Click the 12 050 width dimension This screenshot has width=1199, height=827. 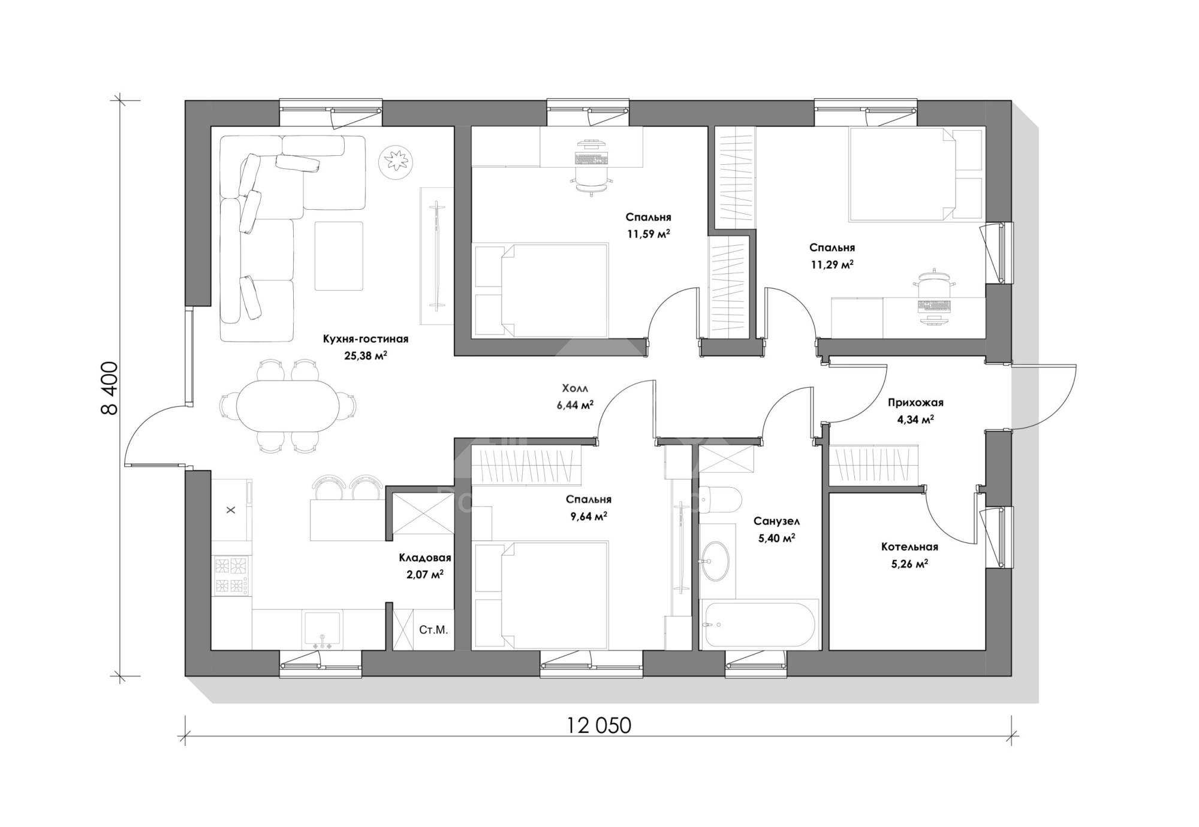pyautogui.click(x=599, y=726)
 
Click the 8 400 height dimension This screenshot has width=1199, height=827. pyautogui.click(x=110, y=388)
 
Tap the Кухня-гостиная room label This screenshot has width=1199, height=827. pyautogui.click(x=366, y=339)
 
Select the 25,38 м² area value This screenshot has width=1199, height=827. pyautogui.click(x=366, y=355)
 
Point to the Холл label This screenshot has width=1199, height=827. pyautogui.click(x=575, y=388)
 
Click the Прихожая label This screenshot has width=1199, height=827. pyautogui.click(x=915, y=403)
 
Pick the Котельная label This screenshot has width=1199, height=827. pyautogui.click(x=909, y=547)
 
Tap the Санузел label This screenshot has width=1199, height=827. pyautogui.click(x=776, y=522)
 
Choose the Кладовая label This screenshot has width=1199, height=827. pyautogui.click(x=425, y=558)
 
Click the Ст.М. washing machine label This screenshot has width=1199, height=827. pyautogui.click(x=433, y=630)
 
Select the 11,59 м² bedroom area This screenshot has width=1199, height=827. pyautogui.click(x=649, y=233)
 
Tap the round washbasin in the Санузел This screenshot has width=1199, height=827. pyautogui.click(x=715, y=561)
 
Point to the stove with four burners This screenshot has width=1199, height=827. pyautogui.click(x=231, y=576)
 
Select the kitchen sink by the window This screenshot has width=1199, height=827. pyautogui.click(x=321, y=630)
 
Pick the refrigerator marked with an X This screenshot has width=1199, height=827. pyautogui.click(x=231, y=510)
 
